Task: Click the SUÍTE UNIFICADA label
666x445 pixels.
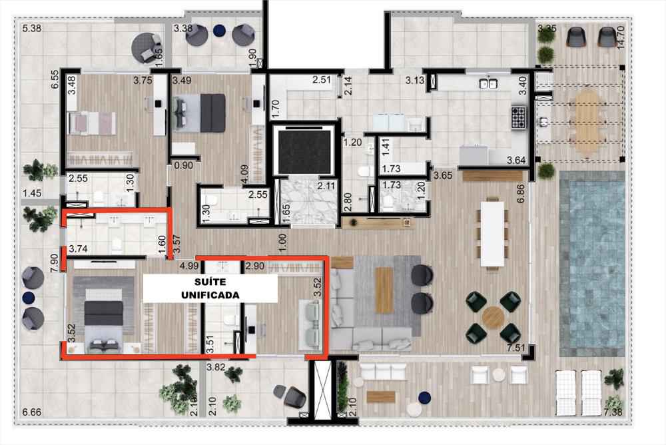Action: (x=210, y=288)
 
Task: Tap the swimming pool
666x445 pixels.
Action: (x=592, y=264)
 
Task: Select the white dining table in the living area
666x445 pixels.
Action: (x=492, y=234)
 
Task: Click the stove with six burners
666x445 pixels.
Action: (x=519, y=117)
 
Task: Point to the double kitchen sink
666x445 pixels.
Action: (x=489, y=83)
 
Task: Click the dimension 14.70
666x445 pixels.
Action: (x=621, y=37)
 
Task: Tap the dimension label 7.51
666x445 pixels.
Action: (x=516, y=348)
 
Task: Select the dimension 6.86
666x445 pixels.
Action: (x=521, y=194)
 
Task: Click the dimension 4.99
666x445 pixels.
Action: (x=189, y=266)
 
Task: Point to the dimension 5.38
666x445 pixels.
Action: (x=32, y=29)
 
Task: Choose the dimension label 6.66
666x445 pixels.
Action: (x=32, y=412)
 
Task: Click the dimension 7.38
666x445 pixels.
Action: (x=613, y=412)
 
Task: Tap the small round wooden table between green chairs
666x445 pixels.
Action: (x=493, y=317)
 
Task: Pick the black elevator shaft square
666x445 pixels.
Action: (x=304, y=152)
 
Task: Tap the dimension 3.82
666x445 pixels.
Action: (x=216, y=367)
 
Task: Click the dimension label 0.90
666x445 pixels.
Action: (x=184, y=165)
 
